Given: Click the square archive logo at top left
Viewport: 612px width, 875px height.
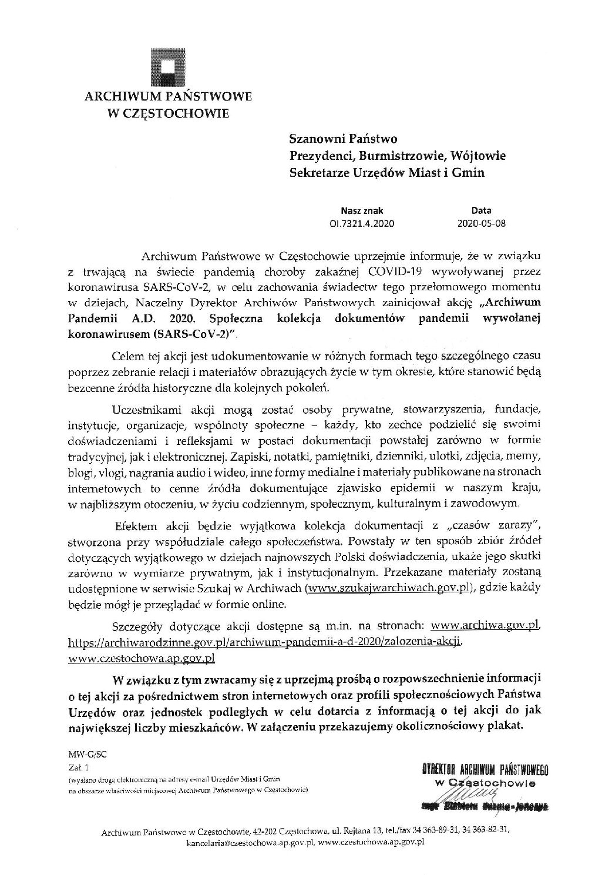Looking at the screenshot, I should (168, 63).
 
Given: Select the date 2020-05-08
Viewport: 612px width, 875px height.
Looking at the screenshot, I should (481, 223).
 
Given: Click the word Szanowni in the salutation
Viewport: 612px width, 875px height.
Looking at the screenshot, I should (316, 139).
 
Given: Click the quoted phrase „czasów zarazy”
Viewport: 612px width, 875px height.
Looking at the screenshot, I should (496, 524).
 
